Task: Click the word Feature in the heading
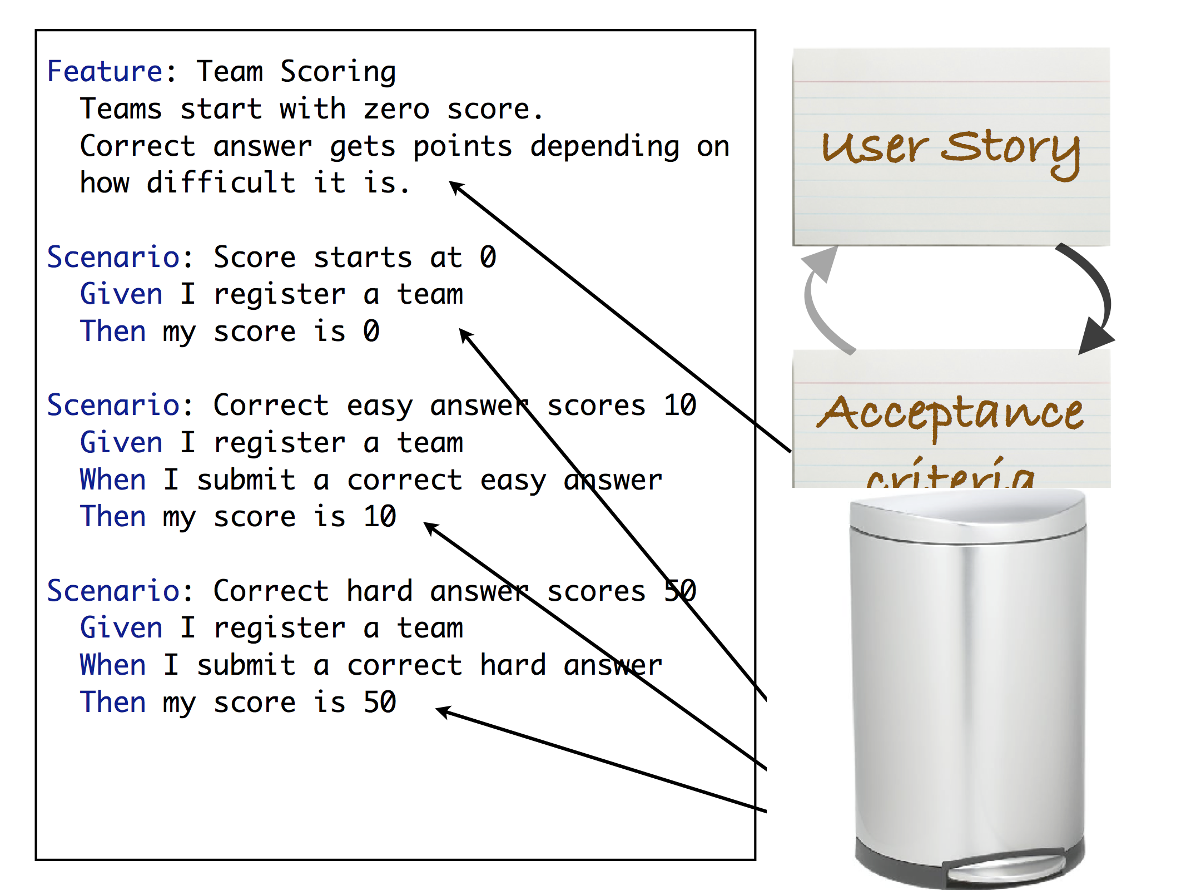(105, 71)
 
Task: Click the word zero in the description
(396, 108)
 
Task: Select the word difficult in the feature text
(221, 182)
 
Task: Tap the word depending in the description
(604, 146)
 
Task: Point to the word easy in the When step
(513, 480)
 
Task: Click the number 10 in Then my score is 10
(380, 516)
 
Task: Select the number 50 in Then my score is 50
(380, 702)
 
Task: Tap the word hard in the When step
(513, 665)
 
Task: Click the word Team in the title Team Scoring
(229, 71)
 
